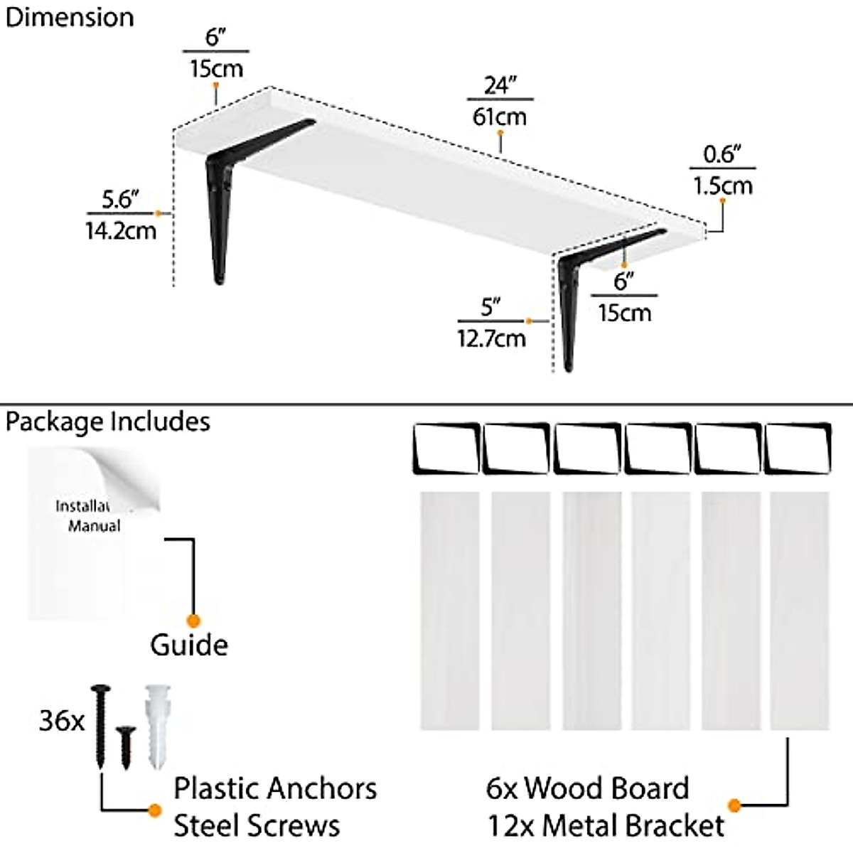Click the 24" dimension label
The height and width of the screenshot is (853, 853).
pos(500,85)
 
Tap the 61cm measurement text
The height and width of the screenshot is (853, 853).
pos(500,116)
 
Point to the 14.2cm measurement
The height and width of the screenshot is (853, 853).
pos(120,230)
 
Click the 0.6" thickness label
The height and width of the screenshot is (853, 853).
pos(722,154)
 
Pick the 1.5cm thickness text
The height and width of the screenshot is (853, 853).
pos(722,186)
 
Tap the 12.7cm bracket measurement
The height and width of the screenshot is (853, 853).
pos(491,338)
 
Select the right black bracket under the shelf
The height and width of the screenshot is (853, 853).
pos(576,299)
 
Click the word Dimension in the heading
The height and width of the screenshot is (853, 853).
pos(69,17)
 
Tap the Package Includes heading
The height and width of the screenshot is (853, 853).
pos(107,422)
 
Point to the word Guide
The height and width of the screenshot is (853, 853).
pos(188,645)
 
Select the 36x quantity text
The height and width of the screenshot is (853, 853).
pos(61,721)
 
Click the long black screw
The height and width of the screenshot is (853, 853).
pos(100,725)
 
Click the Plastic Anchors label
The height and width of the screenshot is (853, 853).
pos(275,788)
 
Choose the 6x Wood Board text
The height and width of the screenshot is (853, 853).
pos(587,788)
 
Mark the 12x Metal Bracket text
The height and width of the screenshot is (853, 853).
pos(606,826)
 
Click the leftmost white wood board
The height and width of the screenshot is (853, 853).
pos(449,610)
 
